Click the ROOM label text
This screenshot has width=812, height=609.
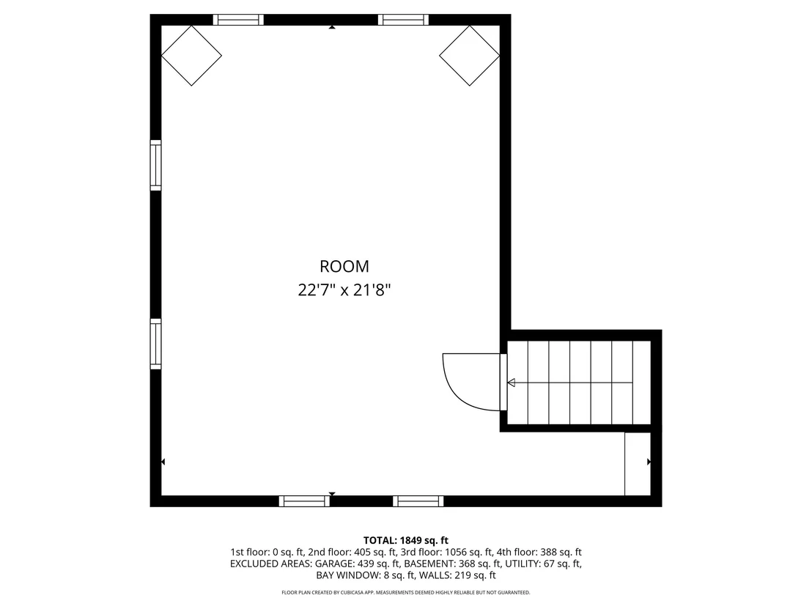344,266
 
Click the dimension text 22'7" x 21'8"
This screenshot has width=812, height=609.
344,290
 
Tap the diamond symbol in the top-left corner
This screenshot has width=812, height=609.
191,56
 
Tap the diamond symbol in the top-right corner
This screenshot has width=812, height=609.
469,56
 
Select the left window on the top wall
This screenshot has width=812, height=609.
238,20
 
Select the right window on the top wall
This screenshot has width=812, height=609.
403,20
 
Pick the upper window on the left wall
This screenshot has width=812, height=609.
155,165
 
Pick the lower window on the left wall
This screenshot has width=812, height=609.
155,344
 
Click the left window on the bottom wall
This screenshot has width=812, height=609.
305,501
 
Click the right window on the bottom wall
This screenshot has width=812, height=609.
418,501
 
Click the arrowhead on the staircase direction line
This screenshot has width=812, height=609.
511,383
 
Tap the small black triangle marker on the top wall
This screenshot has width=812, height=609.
332,27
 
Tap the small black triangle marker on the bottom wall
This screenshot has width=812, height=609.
332,494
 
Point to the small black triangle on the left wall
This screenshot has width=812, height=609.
163,462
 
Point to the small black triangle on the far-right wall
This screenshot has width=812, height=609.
649,462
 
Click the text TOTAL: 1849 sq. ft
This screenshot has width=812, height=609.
405,541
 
